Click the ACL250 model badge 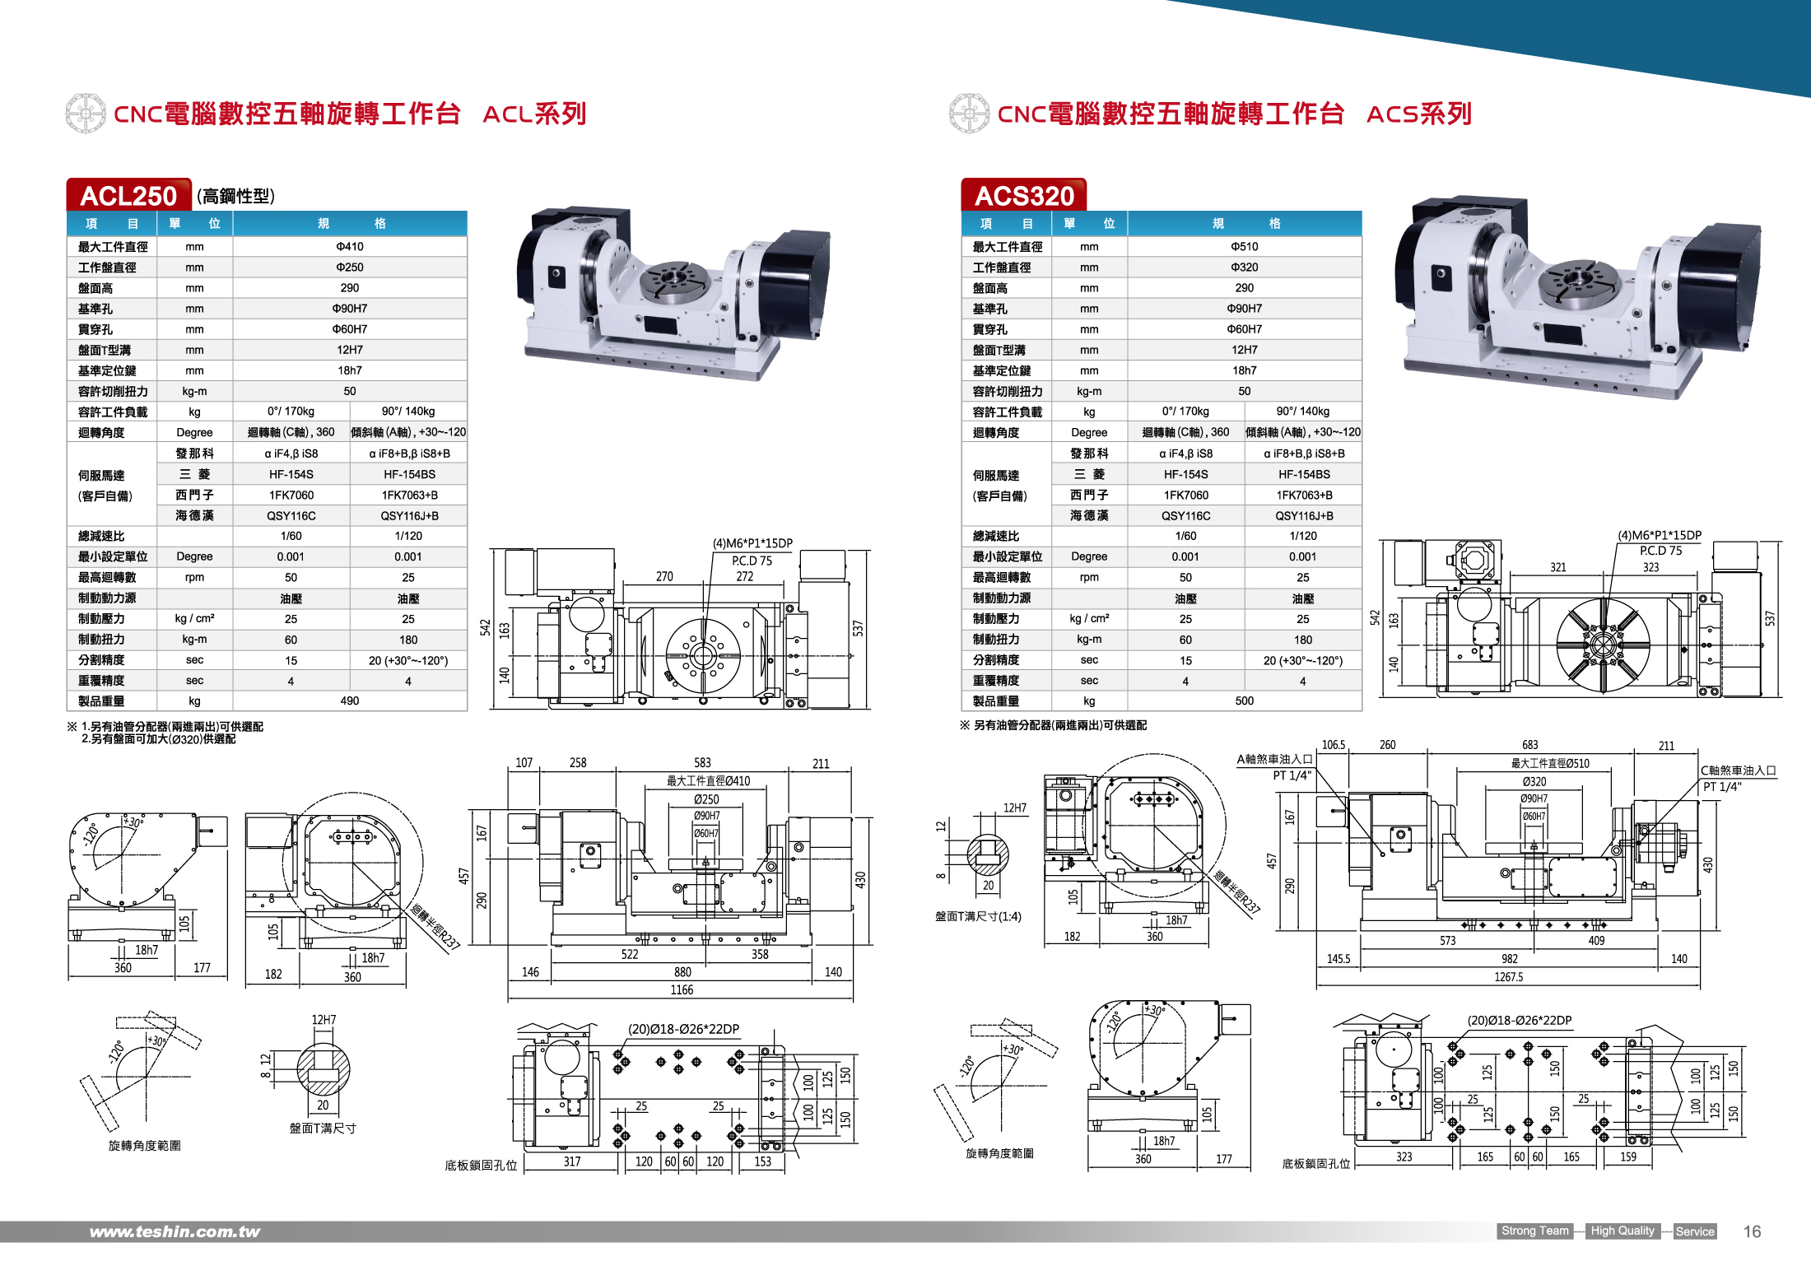point(128,195)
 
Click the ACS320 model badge point(1023,195)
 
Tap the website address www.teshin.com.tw point(175,1231)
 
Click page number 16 point(1752,1231)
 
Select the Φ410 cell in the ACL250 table point(350,246)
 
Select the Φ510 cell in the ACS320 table point(1244,246)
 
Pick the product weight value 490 point(350,701)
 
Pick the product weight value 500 point(1244,701)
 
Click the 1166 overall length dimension point(682,989)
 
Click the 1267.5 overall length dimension point(1508,977)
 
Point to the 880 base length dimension point(682,972)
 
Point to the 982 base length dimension point(1509,959)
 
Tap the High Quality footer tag point(1622,1231)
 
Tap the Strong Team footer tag point(1534,1231)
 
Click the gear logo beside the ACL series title point(86,114)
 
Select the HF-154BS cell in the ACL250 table point(409,474)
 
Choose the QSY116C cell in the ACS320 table point(1185,515)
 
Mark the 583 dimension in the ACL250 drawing point(702,762)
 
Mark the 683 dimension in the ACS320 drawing point(1529,744)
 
